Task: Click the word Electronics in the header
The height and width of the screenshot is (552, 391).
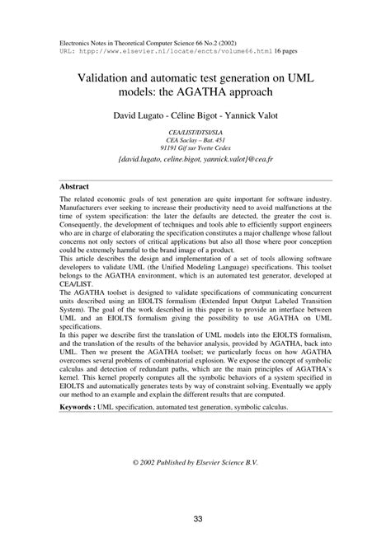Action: [x=78, y=40]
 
